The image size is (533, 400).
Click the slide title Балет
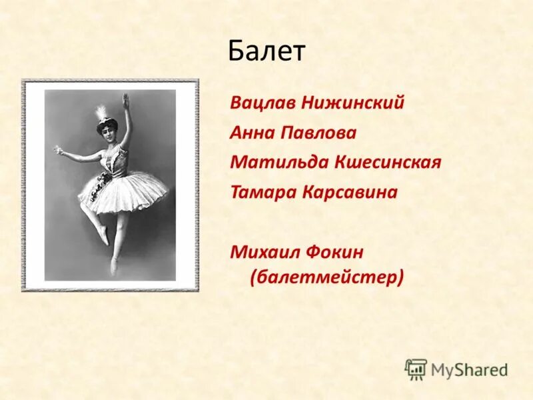pyautogui.click(x=266, y=51)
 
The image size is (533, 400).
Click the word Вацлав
pyautogui.click(x=263, y=104)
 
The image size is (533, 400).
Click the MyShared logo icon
pyautogui.click(x=416, y=369)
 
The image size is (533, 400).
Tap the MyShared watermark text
pyautogui.click(x=469, y=369)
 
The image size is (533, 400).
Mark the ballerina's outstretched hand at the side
pyautogui.click(x=59, y=150)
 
